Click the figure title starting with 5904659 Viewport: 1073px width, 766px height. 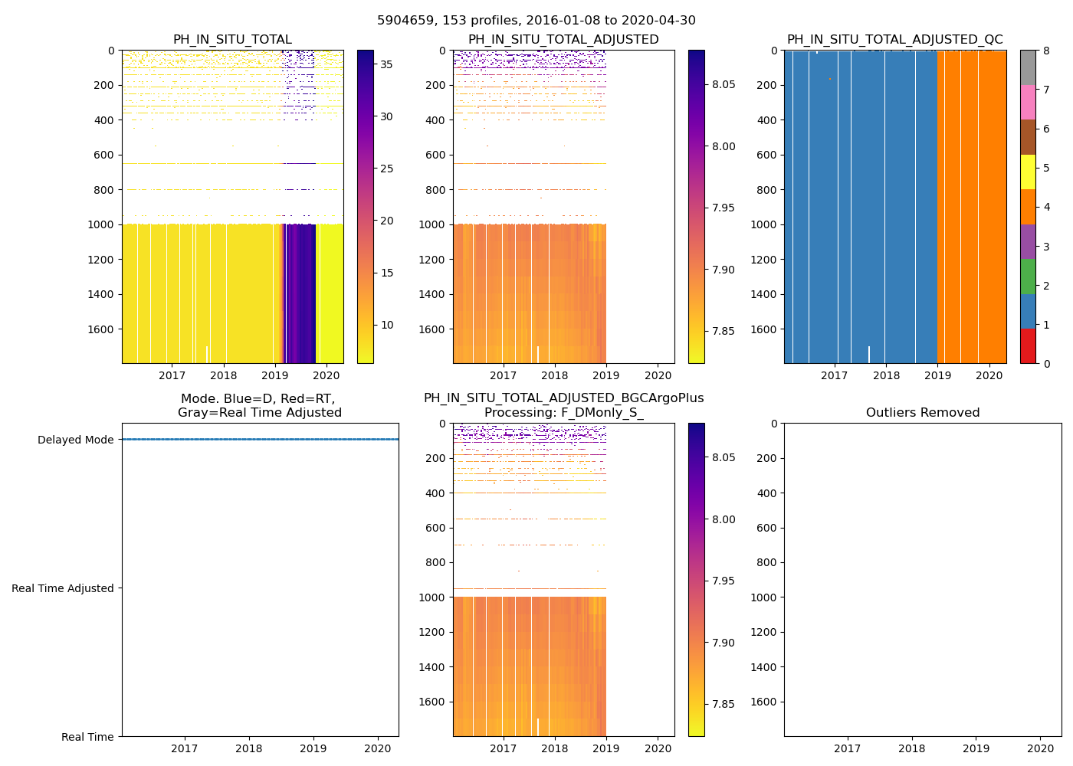536,21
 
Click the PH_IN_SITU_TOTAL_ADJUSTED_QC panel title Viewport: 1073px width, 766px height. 894,40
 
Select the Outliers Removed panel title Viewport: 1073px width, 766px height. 923,413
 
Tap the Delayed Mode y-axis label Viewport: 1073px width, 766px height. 75,440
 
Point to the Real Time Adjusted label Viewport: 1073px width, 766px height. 63,588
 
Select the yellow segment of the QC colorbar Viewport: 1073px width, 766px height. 1028,172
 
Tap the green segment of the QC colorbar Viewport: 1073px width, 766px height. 1028,277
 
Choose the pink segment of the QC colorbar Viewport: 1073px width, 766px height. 1028,103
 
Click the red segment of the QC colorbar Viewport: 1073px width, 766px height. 1028,346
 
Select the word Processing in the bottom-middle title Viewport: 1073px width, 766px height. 521,413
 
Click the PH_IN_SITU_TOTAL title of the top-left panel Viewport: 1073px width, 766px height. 232,40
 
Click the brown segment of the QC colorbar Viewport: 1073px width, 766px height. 1028,137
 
